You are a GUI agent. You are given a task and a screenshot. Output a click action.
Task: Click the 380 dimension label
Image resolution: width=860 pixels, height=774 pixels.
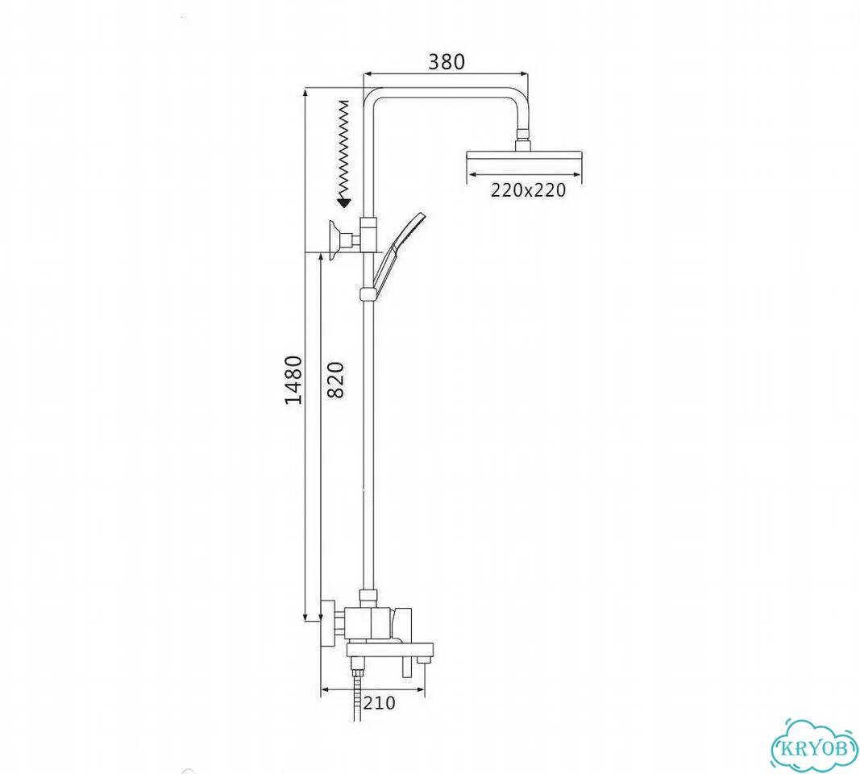point(446,62)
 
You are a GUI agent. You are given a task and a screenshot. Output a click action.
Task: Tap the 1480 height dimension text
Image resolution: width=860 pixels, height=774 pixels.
point(293,380)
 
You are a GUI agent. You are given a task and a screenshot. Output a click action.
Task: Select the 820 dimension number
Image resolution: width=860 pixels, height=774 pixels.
point(334,380)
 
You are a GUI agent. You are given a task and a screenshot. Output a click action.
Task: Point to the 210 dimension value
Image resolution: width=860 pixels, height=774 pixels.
point(379,703)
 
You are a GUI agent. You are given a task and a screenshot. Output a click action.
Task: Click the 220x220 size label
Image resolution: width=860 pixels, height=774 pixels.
point(528,189)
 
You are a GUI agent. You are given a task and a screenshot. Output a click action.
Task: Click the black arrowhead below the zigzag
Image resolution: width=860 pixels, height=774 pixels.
point(344,203)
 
